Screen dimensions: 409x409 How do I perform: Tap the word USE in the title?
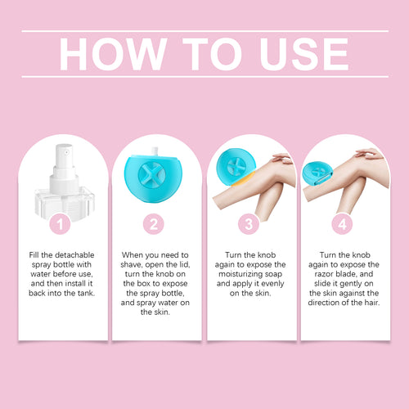tap(303, 54)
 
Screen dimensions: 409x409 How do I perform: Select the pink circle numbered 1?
tap(60, 224)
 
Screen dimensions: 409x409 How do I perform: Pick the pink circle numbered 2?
tap(154, 224)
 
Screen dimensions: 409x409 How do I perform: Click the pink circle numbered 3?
tap(249, 224)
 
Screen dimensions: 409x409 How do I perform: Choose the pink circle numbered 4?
tap(342, 224)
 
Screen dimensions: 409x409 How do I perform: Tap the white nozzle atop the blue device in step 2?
tap(155, 151)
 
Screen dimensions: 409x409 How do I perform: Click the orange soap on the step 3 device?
tap(244, 179)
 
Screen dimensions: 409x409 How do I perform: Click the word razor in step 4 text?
tap(323, 274)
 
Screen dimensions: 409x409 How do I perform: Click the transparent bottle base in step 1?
tap(65, 202)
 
